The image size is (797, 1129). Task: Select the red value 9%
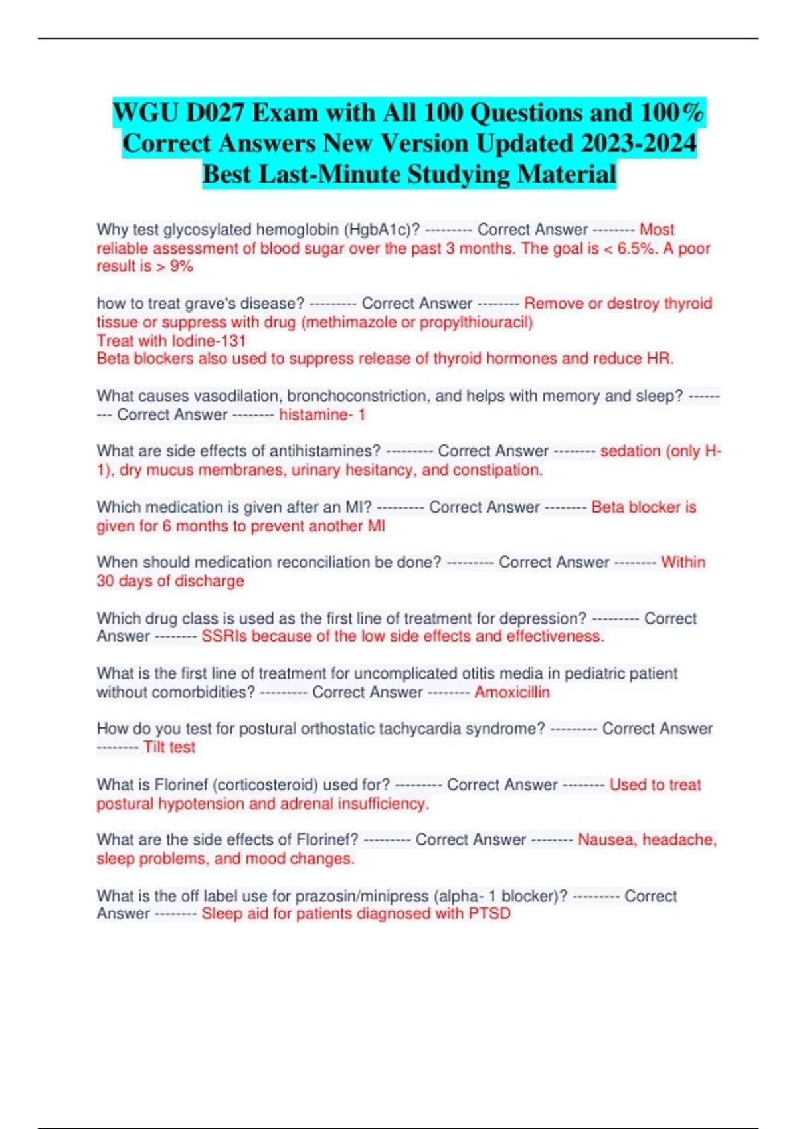pyautogui.click(x=181, y=266)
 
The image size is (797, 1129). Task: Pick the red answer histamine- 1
pyautogui.click(x=322, y=414)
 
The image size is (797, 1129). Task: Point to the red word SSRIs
pyautogui.click(x=224, y=636)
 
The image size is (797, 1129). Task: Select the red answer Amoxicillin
pyautogui.click(x=512, y=692)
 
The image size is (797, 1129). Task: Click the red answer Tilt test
pyautogui.click(x=169, y=747)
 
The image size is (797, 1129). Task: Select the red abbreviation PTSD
pyautogui.click(x=489, y=914)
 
